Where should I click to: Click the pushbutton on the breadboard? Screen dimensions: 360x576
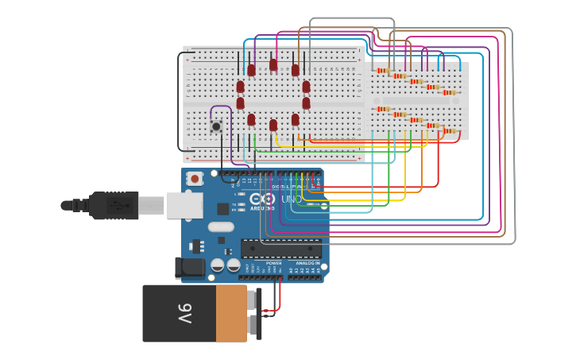tap(215, 126)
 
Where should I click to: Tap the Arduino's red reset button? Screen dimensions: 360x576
tap(195, 179)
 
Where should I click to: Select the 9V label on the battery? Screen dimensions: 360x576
tap(184, 313)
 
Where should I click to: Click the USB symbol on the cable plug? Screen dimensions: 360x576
tap(119, 205)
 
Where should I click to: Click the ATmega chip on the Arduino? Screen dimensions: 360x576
tap(281, 248)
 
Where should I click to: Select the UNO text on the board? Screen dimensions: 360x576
tap(287, 199)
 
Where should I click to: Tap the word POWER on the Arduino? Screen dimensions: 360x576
tap(273, 263)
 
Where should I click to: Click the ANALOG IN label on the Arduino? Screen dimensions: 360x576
tap(307, 263)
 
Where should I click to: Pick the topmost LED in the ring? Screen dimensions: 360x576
tap(273, 65)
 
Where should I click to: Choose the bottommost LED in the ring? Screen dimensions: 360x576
tap(273, 125)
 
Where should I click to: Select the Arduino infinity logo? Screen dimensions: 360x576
tap(261, 199)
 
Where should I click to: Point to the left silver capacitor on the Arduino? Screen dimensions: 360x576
tap(216, 265)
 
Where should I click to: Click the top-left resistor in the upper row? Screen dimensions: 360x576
tap(382, 71)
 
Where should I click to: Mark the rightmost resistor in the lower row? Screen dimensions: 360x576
tap(450, 131)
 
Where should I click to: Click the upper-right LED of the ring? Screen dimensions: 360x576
tap(296, 71)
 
